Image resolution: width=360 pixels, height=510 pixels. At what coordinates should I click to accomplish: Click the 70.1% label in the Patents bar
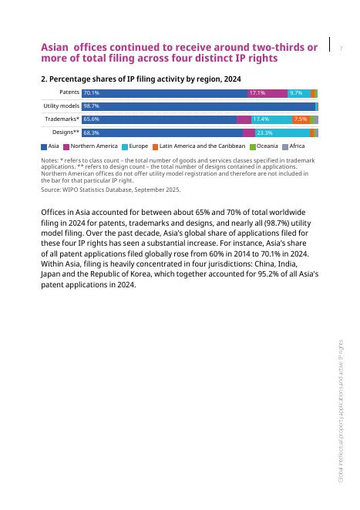coord(91,93)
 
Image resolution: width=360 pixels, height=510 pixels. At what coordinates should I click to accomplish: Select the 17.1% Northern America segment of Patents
coord(257,93)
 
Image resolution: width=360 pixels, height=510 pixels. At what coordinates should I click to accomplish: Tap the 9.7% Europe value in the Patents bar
coord(296,93)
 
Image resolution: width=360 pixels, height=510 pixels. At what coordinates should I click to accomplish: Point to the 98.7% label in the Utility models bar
coord(91,106)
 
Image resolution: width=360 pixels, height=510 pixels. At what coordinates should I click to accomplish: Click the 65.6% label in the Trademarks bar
coord(91,119)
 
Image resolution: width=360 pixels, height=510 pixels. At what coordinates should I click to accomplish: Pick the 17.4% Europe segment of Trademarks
coord(261,119)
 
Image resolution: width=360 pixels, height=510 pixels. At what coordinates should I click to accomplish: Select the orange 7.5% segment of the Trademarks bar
coord(301,119)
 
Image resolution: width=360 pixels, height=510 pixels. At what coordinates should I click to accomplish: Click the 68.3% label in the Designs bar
coord(91,133)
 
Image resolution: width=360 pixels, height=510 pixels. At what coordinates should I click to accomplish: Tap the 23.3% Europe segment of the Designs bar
coord(264,133)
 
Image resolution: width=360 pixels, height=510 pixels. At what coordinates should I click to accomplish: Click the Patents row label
coord(69,92)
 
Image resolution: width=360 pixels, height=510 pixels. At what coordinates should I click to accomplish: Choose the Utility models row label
coord(61,106)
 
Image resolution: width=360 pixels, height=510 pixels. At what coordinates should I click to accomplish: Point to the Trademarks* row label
coord(62,119)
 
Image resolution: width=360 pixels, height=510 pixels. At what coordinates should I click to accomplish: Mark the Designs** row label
coord(66,133)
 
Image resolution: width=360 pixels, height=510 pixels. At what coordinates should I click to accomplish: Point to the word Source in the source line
coord(50,190)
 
